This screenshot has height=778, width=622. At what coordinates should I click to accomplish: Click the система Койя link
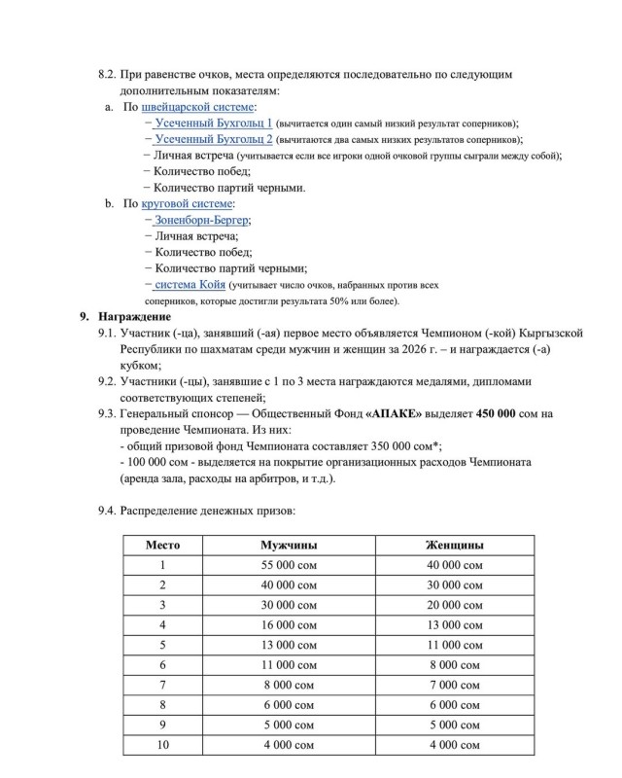[x=190, y=285]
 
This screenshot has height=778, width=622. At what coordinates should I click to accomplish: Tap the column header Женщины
[x=455, y=545]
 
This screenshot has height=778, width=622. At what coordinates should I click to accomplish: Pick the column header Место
[x=162, y=545]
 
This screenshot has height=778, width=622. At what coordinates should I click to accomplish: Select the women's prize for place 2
[x=455, y=584]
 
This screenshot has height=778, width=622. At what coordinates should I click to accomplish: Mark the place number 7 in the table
[x=162, y=685]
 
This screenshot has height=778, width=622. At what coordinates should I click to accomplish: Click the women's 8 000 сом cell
[x=455, y=664]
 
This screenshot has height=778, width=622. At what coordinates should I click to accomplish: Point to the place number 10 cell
[x=162, y=745]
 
